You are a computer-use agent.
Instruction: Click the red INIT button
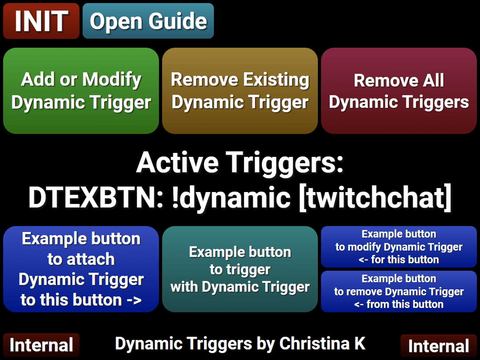click(41, 21)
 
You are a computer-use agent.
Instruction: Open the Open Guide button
click(148, 21)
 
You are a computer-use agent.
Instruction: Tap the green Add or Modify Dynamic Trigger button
click(81, 91)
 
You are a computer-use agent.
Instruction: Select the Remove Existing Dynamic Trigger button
click(240, 91)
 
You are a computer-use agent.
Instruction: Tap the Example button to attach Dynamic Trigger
click(81, 269)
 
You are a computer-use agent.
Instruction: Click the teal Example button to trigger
click(240, 269)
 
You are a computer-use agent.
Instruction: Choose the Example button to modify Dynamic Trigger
click(399, 247)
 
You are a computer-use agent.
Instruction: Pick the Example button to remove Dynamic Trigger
click(399, 291)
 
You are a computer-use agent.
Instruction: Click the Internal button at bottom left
click(41, 345)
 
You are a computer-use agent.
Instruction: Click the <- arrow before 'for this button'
click(363, 260)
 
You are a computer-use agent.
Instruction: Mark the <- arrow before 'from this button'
click(359, 304)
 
